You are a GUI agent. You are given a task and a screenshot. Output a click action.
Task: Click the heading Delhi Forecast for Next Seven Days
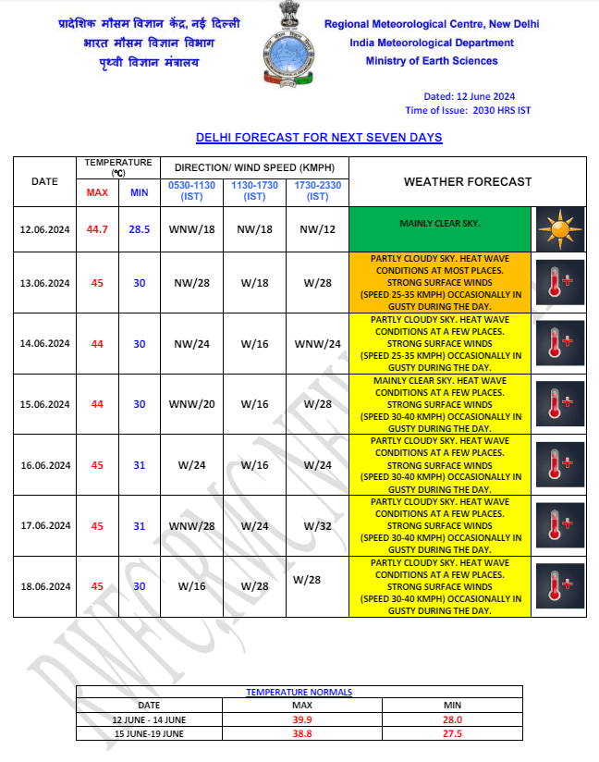click(x=319, y=138)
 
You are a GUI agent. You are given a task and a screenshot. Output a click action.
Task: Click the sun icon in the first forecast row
click(x=559, y=227)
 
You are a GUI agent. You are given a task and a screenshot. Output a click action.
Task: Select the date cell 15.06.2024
click(x=44, y=404)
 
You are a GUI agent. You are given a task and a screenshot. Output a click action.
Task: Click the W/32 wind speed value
click(x=318, y=525)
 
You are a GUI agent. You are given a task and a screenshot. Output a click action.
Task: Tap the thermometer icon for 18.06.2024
click(x=559, y=585)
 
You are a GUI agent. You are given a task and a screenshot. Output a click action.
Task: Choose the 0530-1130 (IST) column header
click(x=191, y=190)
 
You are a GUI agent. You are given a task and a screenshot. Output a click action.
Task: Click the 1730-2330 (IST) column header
click(x=318, y=190)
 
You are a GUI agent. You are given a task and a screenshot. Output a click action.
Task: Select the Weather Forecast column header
click(x=468, y=181)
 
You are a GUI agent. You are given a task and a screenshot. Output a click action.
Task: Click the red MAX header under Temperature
click(x=97, y=192)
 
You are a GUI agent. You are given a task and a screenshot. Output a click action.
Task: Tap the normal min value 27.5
click(x=452, y=733)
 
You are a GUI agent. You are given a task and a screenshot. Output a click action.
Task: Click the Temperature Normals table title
click(x=299, y=692)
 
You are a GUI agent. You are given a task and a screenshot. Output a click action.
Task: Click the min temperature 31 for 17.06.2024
click(x=139, y=525)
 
